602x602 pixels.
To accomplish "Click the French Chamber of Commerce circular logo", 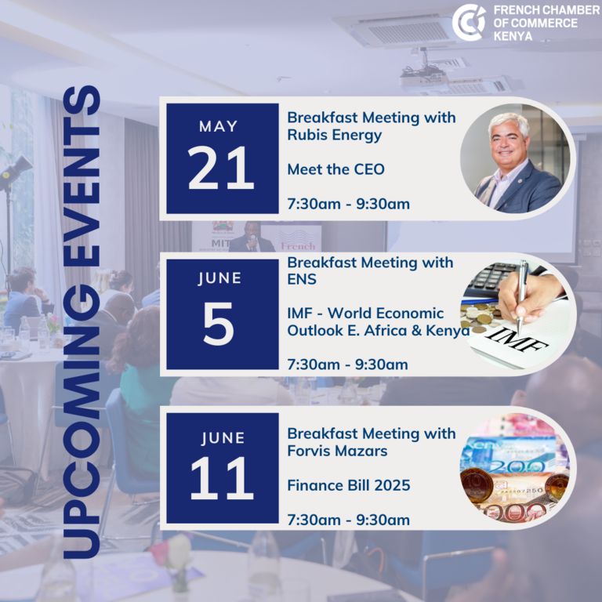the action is click(469, 22).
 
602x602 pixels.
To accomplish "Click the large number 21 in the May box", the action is click(221, 169).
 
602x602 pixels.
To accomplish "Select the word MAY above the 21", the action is click(219, 126).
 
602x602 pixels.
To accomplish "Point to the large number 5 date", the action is click(219, 323).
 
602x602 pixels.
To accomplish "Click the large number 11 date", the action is click(222, 478).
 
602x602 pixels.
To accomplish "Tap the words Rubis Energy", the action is click(335, 135).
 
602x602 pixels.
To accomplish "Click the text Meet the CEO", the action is click(336, 169).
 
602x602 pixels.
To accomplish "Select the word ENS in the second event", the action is click(302, 279).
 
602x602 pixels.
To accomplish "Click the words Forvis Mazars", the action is click(337, 451).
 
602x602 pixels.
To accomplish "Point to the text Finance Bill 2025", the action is click(349, 485).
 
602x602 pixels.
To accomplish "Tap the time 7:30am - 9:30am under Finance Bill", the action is click(348, 520).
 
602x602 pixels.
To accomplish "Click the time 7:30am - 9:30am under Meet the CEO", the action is click(348, 204).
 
